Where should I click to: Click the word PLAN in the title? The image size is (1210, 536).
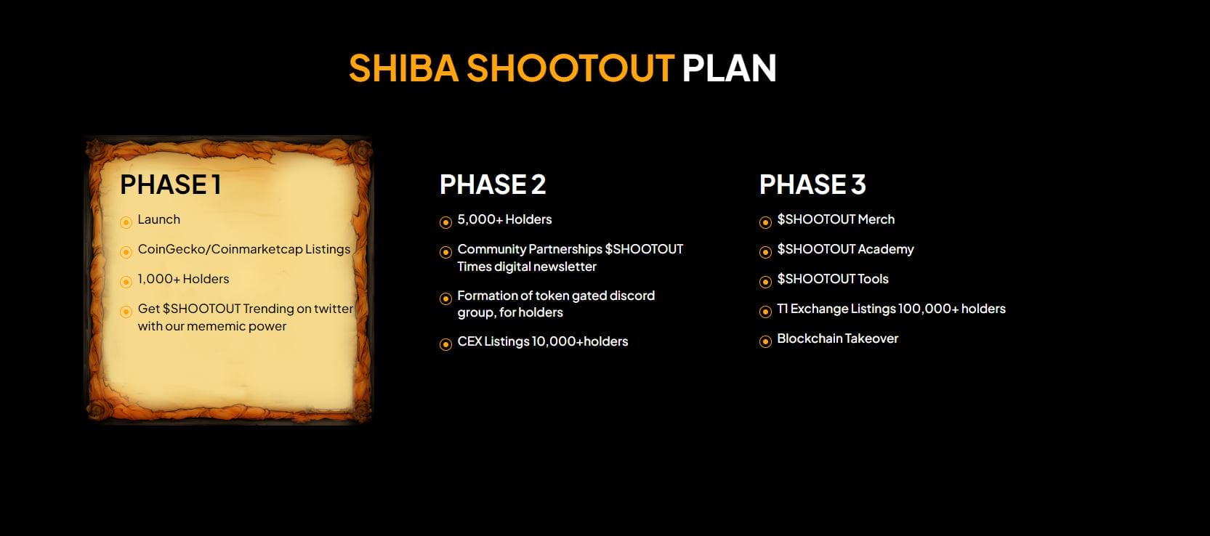(x=729, y=68)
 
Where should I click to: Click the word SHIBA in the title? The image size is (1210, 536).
(x=403, y=68)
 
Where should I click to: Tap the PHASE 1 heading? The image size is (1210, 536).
(x=171, y=184)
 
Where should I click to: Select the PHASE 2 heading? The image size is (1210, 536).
(x=493, y=184)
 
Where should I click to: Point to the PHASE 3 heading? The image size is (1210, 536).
(x=812, y=184)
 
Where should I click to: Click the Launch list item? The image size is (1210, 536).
(x=158, y=219)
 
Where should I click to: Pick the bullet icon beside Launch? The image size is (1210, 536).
(x=126, y=222)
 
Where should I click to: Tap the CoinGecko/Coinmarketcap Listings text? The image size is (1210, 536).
(x=244, y=249)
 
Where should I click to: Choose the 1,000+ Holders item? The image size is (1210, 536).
(x=183, y=279)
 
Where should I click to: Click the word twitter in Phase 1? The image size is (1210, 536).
(x=334, y=309)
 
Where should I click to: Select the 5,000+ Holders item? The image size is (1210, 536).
(x=504, y=219)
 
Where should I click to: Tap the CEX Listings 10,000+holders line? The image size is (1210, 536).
(x=542, y=341)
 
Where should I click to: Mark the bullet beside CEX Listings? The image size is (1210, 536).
(x=445, y=344)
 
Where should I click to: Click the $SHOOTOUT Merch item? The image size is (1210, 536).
(x=836, y=219)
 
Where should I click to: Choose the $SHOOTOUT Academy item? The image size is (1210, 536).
(x=845, y=249)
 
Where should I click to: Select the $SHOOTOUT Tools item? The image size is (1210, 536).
(x=833, y=279)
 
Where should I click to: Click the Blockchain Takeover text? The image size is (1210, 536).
(x=837, y=338)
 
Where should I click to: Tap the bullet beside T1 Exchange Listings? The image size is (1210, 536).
(x=765, y=312)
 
